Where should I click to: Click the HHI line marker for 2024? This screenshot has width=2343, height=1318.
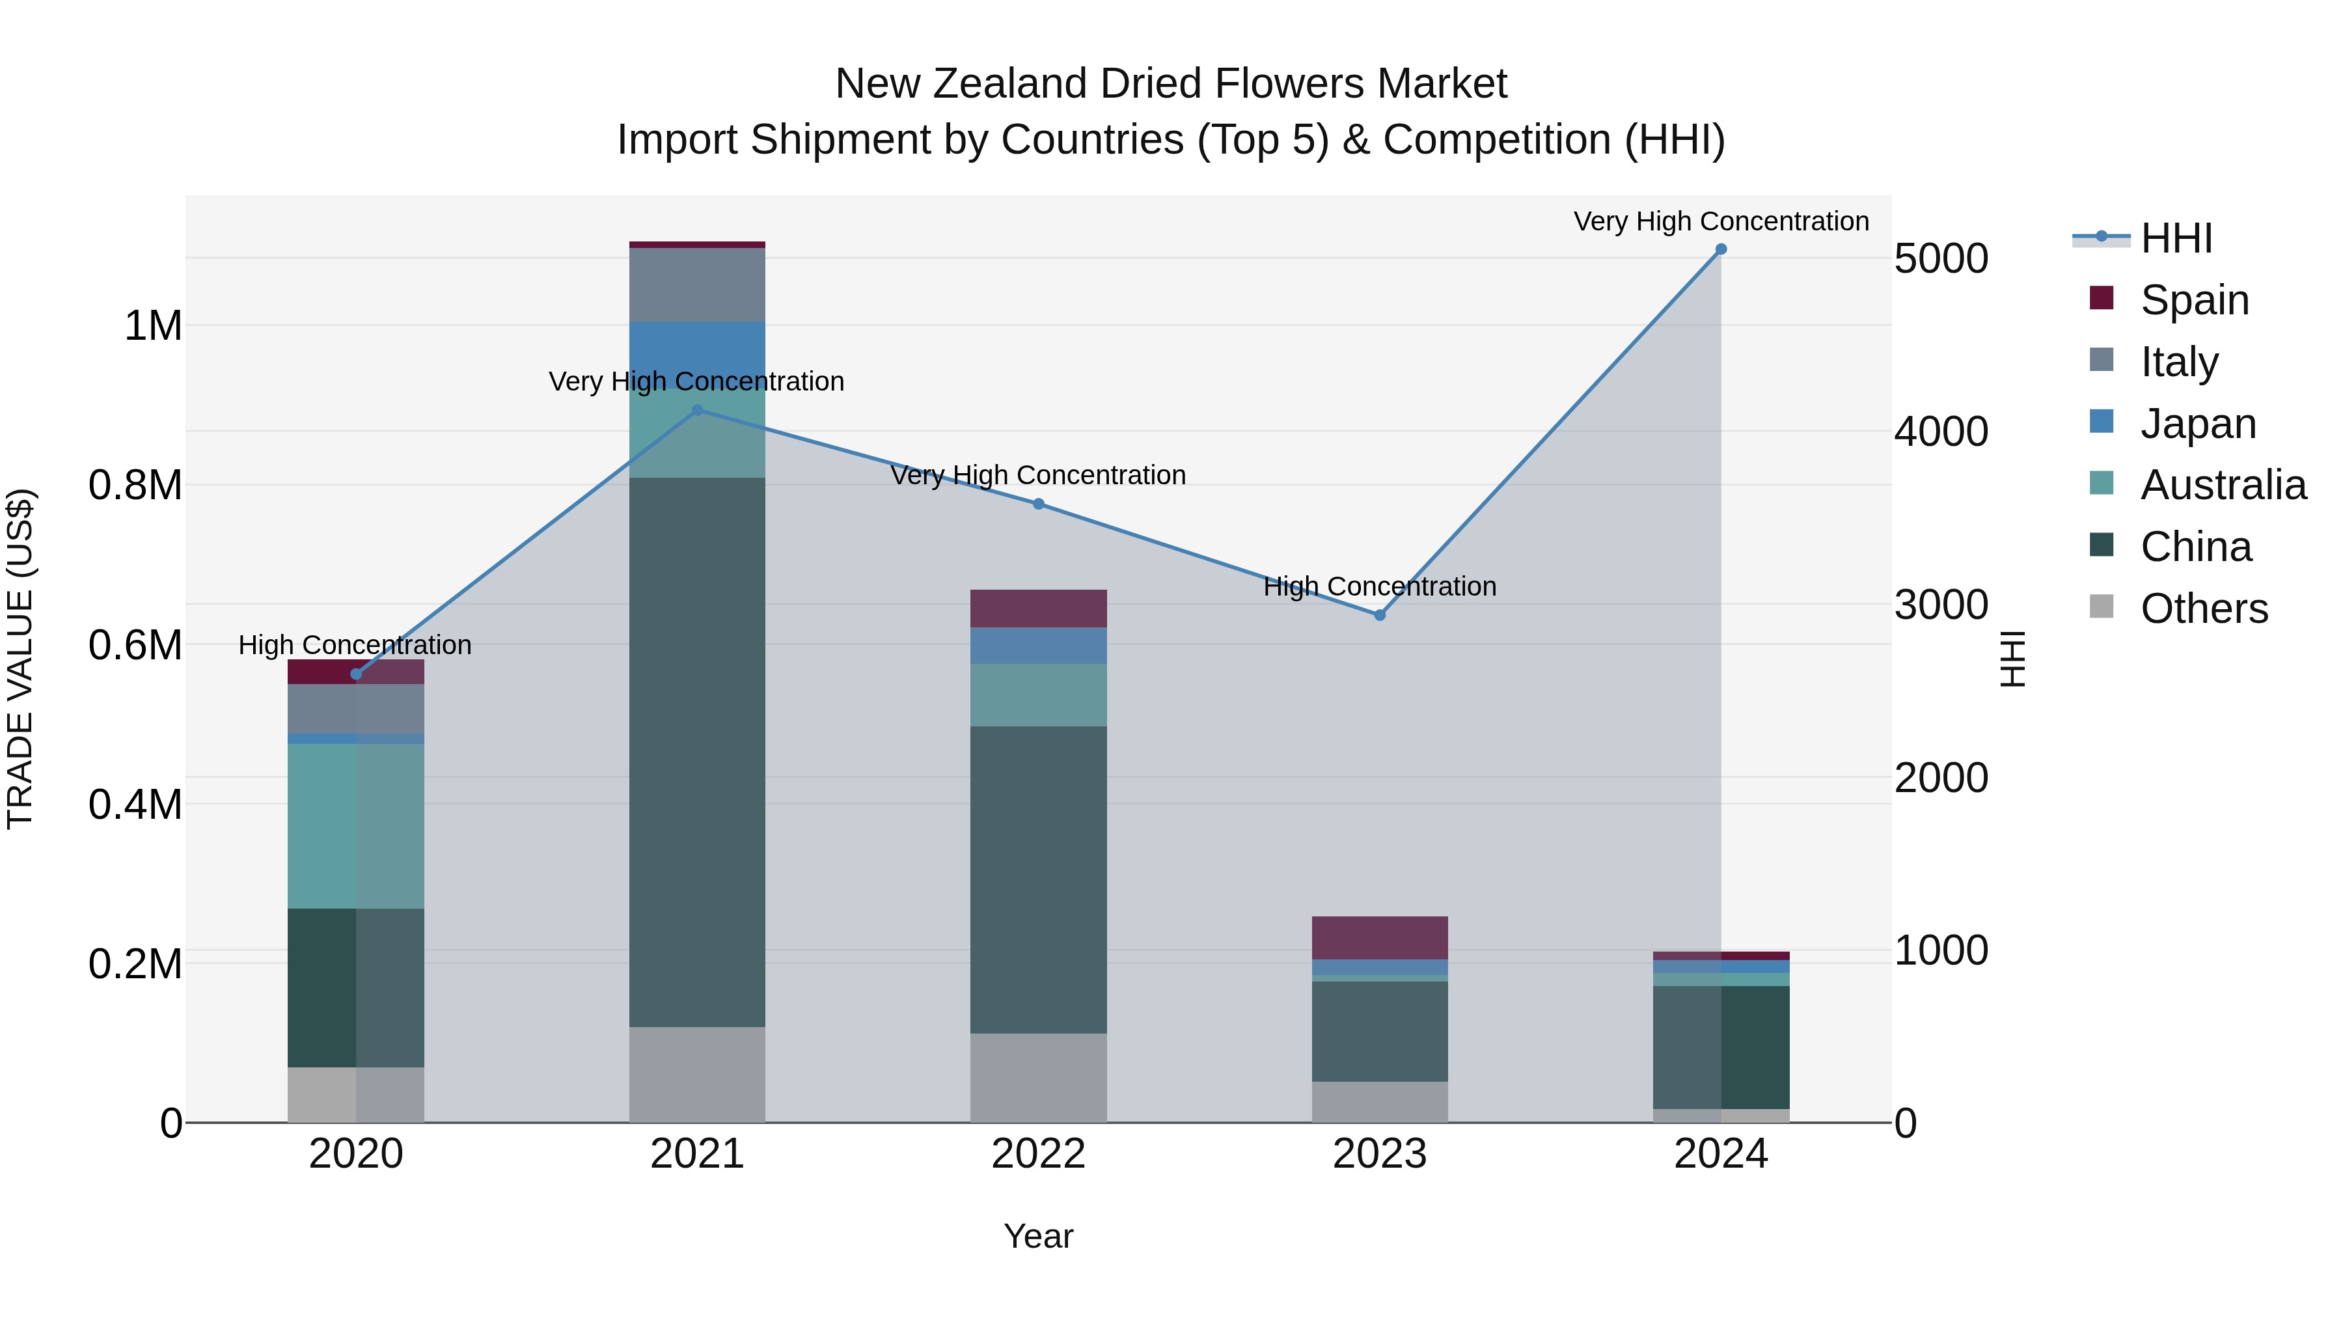tap(1720, 249)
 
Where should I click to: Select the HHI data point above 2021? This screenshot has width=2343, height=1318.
tap(698, 410)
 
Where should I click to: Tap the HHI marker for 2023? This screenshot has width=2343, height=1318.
tap(1379, 615)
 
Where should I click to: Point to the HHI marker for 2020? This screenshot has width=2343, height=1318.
tap(355, 674)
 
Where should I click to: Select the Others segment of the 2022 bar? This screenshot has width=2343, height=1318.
tap(1038, 1077)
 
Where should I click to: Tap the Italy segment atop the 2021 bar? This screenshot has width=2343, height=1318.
tap(698, 284)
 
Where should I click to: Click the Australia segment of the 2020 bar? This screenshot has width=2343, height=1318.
tap(355, 825)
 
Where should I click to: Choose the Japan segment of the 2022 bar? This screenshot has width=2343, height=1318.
tap(1038, 645)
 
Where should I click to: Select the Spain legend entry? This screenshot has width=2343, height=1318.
tap(2194, 299)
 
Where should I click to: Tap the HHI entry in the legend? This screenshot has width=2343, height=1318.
tap(2176, 238)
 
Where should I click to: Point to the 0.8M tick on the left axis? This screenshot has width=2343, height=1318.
tap(135, 485)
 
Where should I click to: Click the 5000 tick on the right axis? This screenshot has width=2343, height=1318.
tap(1940, 258)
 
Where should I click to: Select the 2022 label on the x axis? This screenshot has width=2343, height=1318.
tap(1038, 1153)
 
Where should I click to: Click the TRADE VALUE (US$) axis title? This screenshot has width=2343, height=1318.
tap(20, 659)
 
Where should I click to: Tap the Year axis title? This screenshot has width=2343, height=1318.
tap(1038, 1236)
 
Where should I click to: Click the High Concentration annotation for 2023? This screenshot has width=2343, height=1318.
tap(1379, 586)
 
